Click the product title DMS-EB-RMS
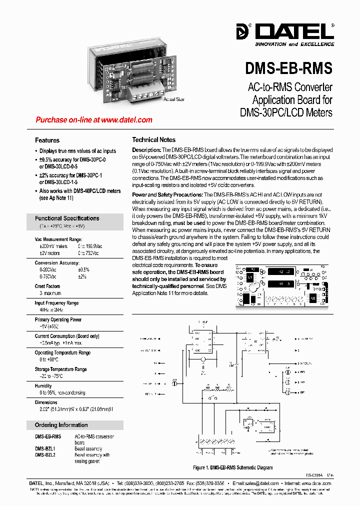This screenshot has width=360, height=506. pos(288,68)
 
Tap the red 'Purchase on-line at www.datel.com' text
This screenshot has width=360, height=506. pos(94,120)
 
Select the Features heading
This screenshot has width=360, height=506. pos(47,140)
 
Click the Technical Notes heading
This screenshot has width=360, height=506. pos(153,140)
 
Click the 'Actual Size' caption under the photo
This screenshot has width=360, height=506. pos(173,99)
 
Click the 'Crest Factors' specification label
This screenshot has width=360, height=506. pos(47,286)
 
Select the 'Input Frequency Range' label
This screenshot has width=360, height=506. pos(56,303)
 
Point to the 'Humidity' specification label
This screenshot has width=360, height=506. pos(43,386)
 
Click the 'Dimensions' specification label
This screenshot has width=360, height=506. pos(46,402)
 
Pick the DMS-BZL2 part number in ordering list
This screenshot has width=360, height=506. pos(45,455)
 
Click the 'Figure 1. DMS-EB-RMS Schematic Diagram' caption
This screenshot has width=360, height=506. pos(233,468)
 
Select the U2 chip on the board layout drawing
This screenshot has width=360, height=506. pos(313,298)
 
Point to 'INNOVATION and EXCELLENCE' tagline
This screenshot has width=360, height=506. pos(294,44)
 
